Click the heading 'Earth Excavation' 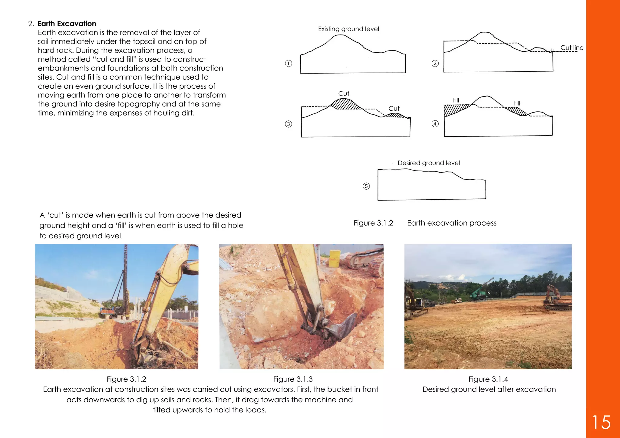[x=67, y=24]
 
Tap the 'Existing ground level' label [x=348, y=29]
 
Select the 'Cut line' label [x=572, y=47]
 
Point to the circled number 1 [x=289, y=64]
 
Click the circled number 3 [x=289, y=124]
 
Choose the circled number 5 [x=366, y=186]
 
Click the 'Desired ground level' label [x=428, y=163]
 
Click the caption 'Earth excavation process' [x=452, y=223]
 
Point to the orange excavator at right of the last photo [x=556, y=298]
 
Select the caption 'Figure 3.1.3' [x=293, y=379]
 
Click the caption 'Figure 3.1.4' [x=488, y=379]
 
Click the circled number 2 [x=435, y=64]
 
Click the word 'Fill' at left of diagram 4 [x=456, y=100]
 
